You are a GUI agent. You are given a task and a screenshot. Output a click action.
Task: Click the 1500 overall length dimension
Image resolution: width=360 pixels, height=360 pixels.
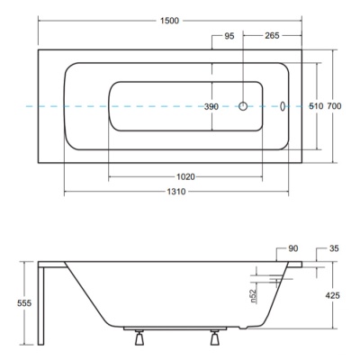(x=170, y=21)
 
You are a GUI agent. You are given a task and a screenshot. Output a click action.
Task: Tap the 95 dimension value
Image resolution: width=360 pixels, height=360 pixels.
(x=229, y=36)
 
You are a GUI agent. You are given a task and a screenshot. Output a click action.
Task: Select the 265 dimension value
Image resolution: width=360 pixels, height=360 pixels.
(x=272, y=35)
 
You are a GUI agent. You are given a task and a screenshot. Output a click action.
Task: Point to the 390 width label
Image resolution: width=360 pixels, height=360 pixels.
(x=211, y=106)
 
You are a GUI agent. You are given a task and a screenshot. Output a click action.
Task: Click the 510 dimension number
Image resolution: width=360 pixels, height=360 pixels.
(x=316, y=106)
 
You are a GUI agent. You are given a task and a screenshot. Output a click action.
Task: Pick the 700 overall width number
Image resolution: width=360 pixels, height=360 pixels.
(x=334, y=106)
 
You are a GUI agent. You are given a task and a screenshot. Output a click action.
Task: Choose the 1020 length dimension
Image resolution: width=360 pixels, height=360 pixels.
(x=185, y=177)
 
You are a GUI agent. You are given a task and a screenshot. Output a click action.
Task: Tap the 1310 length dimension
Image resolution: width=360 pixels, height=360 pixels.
(x=176, y=192)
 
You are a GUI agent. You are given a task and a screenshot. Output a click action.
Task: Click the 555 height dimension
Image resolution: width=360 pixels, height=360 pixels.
(x=24, y=303)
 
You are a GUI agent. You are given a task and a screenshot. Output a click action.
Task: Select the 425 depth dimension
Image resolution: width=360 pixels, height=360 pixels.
(x=333, y=295)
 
